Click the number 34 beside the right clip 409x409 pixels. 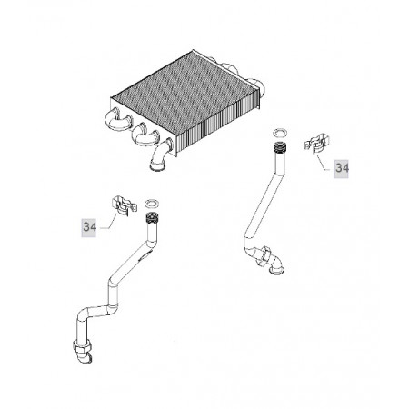342,168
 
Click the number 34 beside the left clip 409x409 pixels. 90,227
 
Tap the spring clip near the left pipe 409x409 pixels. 124,204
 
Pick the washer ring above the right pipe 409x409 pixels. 280,133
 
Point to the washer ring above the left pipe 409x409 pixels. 152,204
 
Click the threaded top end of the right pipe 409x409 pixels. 280,147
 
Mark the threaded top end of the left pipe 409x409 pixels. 151,218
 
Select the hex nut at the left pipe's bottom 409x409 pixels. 82,347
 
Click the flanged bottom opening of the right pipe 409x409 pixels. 276,269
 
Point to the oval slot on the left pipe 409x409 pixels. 144,257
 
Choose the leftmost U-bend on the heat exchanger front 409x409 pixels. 118,120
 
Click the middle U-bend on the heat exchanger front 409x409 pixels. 145,135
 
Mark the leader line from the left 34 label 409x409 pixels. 110,221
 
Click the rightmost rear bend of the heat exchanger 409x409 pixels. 257,85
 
